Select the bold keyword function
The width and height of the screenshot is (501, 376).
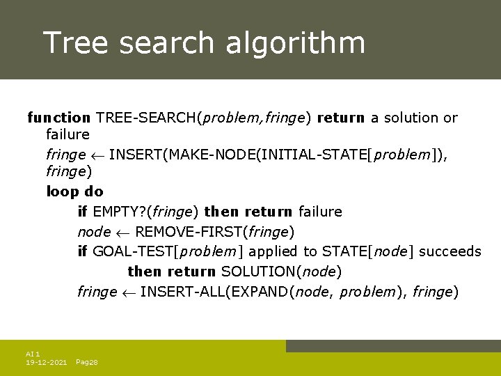(58, 118)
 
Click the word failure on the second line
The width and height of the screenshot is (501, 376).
(67, 134)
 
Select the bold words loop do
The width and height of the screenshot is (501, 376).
(74, 191)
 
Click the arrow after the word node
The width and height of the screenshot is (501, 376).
(122, 232)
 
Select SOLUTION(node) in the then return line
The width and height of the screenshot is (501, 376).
(281, 272)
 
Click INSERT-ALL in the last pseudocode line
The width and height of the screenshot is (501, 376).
(180, 292)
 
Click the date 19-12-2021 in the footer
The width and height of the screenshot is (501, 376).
(46, 363)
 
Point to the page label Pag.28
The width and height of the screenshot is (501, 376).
(86, 363)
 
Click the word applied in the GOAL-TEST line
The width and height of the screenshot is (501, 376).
(273, 251)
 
